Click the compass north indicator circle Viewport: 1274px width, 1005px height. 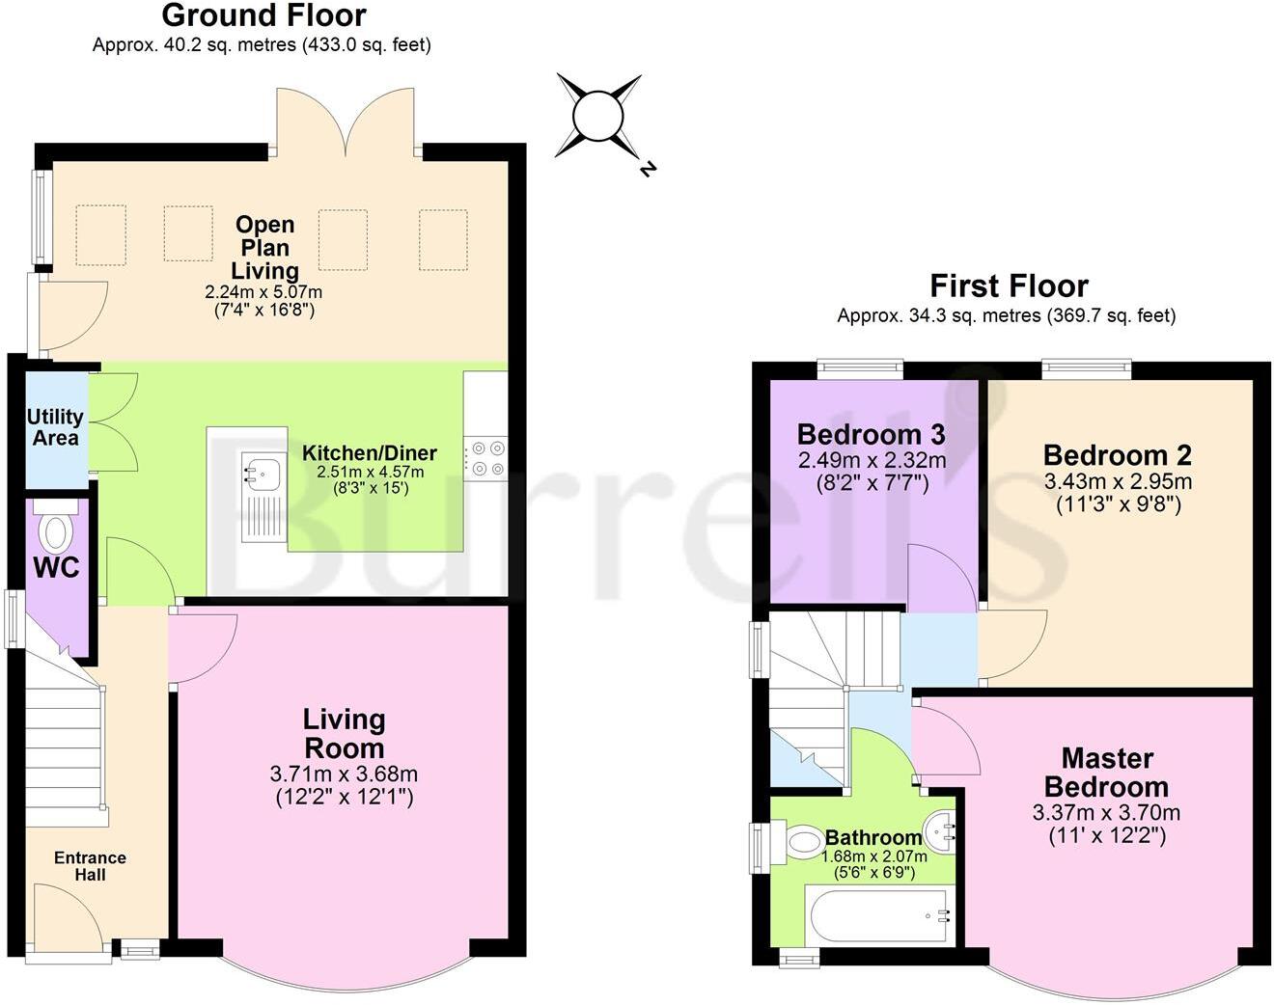(598, 117)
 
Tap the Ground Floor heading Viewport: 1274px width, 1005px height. (263, 15)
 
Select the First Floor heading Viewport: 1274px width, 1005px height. (1009, 285)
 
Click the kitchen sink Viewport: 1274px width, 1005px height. (262, 474)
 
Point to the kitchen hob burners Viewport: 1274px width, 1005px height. (485, 458)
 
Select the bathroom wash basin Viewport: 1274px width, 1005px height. (939, 829)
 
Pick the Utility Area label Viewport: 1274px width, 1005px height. (55, 427)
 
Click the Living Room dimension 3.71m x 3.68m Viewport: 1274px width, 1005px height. (344, 774)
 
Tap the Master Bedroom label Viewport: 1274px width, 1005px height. (1106, 772)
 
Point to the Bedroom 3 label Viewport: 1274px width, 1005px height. (871, 434)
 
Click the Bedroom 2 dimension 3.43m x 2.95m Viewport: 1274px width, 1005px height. (1117, 480)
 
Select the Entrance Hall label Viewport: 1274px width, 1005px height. (90, 865)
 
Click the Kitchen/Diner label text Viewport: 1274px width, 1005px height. (370, 452)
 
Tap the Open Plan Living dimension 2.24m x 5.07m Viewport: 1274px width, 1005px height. (263, 291)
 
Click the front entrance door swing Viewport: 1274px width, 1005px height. (64, 921)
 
